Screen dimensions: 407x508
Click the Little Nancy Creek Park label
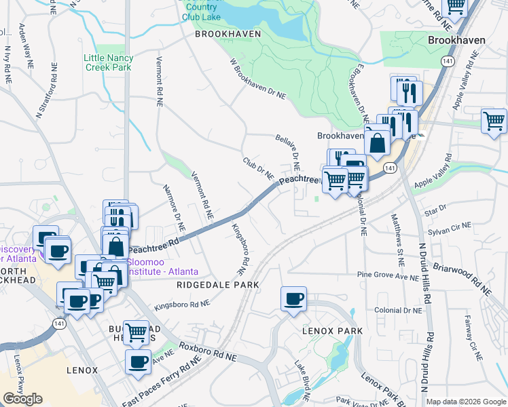tap(109, 63)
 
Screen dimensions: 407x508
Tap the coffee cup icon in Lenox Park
tap(293, 299)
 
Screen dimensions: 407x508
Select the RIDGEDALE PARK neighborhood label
tap(217, 286)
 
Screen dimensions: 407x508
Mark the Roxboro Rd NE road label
tap(208, 351)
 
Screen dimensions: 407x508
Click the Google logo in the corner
tap(22, 399)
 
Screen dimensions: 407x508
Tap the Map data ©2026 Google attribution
tap(466, 402)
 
